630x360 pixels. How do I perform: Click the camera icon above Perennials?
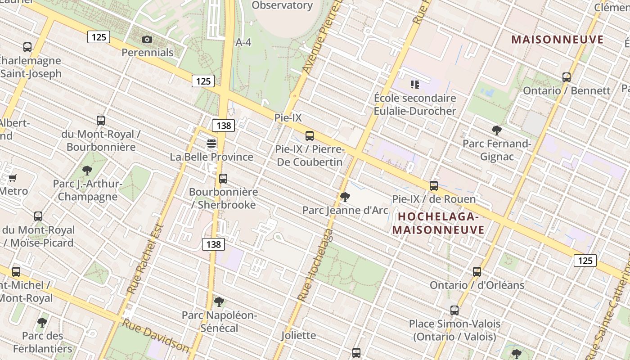point(147,40)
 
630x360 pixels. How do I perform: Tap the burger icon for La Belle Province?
point(211,144)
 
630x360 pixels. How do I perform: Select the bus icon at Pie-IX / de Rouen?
point(433,185)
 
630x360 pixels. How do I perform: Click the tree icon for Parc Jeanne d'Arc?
point(345,197)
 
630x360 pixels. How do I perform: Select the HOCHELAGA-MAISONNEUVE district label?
point(438,223)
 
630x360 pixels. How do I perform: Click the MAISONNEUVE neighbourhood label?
point(557,40)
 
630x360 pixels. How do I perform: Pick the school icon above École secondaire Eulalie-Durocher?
point(414,84)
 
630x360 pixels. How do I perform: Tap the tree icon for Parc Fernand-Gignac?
point(497,130)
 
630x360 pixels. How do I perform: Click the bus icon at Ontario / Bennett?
point(566,77)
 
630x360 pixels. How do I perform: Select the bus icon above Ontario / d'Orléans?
point(477,272)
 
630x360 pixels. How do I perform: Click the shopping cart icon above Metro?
point(13,178)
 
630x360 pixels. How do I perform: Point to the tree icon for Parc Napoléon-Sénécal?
point(219,301)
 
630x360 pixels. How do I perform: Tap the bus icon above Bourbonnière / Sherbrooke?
point(223,179)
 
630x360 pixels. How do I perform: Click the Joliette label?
point(299,335)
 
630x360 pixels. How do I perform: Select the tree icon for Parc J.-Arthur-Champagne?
point(87,171)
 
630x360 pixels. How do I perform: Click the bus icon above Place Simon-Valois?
point(454,310)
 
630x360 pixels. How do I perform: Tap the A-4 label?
point(243,42)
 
